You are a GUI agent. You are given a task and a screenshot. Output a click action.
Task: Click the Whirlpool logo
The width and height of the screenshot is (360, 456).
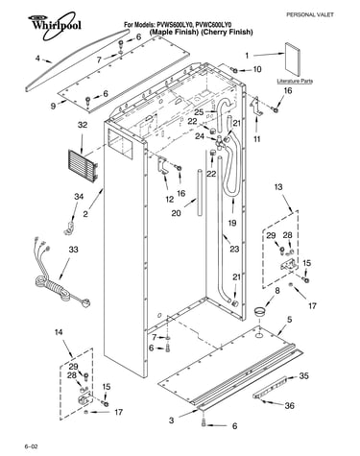point(54,25)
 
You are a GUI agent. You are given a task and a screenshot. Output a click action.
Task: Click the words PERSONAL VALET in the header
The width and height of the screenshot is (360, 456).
point(309,14)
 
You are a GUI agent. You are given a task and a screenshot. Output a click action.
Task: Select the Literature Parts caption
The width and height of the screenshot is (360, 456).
point(295,81)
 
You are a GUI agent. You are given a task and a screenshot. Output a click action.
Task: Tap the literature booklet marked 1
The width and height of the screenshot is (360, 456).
point(293,60)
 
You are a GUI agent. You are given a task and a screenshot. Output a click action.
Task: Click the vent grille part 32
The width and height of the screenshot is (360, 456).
point(83,166)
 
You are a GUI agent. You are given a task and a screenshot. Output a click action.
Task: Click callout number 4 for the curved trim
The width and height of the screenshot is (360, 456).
point(37,59)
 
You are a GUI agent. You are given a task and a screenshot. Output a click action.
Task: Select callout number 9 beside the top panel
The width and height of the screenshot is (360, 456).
point(53,106)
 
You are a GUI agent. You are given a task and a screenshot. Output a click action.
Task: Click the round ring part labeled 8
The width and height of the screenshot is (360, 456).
point(260,311)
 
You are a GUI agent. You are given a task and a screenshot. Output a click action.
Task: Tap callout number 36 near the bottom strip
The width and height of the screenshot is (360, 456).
point(289,405)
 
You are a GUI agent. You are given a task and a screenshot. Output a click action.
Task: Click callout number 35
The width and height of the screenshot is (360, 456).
point(303,375)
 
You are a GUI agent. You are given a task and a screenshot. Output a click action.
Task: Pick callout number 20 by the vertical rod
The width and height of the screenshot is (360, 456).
point(176,213)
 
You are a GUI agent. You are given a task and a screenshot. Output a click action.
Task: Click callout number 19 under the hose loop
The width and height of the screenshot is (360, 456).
point(232,223)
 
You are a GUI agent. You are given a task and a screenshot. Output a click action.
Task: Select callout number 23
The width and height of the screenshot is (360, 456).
point(234,249)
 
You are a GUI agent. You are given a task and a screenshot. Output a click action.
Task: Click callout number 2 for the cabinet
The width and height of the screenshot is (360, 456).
point(85,214)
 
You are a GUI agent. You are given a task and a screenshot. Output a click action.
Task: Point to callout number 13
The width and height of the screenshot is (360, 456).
point(278,186)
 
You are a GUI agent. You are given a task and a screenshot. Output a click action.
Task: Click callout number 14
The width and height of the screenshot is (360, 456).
point(59,332)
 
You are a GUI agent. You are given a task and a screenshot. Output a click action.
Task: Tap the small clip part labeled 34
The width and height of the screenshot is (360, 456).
point(69,228)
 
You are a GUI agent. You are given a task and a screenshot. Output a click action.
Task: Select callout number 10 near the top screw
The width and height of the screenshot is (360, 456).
point(257,69)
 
